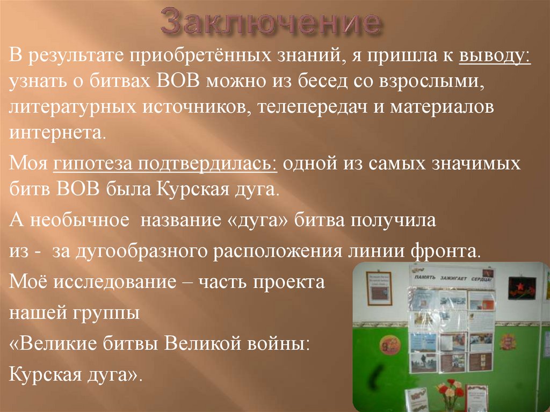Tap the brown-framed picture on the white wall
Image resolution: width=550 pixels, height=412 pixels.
click(x=379, y=287)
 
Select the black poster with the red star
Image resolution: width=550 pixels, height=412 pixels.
click(x=522, y=288)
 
